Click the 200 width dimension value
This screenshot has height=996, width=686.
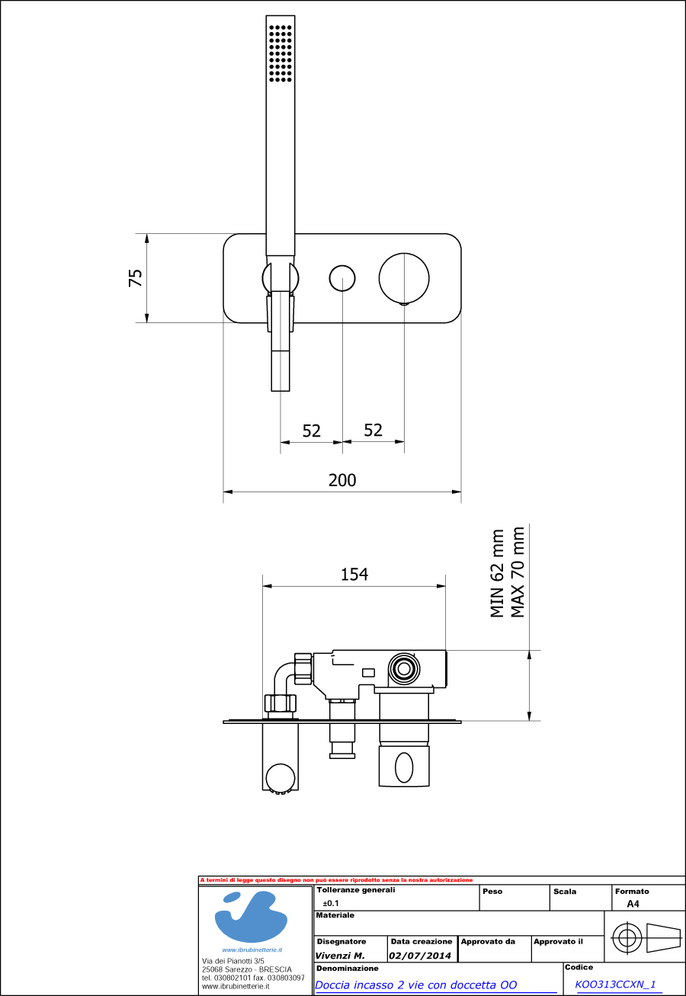[x=342, y=480]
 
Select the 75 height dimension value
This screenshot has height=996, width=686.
[x=136, y=277]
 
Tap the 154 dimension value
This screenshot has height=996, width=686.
[x=354, y=575]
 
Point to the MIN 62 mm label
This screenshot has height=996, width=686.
[x=498, y=573]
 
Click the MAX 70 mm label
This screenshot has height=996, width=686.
[x=518, y=572]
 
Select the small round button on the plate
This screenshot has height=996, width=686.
[x=342, y=278]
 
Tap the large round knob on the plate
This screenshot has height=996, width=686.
[x=404, y=278]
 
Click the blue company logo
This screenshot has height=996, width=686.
[x=251, y=918]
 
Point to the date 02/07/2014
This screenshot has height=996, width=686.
[x=420, y=956]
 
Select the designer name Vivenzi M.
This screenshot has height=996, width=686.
[x=340, y=956]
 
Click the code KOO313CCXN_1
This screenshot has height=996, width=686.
[x=615, y=985]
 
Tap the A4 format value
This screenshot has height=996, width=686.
[x=633, y=904]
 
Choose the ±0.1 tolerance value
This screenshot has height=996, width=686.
[x=331, y=903]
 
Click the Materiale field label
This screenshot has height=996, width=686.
[x=335, y=915]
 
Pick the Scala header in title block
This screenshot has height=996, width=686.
[x=565, y=891]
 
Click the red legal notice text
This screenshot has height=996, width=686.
[x=336, y=880]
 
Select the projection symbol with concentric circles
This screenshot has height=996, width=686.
[x=627, y=937]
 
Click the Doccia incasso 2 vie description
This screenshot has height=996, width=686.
[x=416, y=985]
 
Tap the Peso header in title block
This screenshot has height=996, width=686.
[x=492, y=891]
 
